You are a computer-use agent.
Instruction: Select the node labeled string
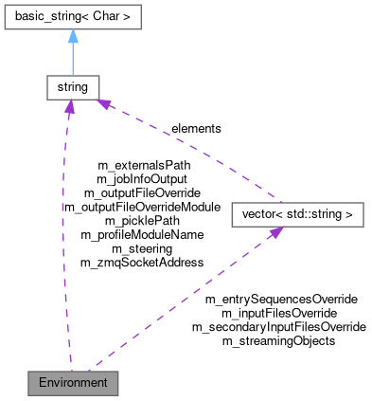pyautogui.click(x=72, y=87)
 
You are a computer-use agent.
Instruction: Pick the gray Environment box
pyautogui.click(x=74, y=383)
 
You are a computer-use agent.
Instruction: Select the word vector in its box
pyautogui.click(x=255, y=215)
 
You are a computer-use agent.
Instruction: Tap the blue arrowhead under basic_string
pyautogui.click(x=72, y=37)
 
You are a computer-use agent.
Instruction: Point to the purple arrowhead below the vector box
pyautogui.click(x=274, y=233)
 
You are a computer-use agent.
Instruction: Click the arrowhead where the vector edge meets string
pyautogui.click(x=106, y=103)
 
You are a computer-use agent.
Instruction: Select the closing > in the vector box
pyautogui.click(x=349, y=215)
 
